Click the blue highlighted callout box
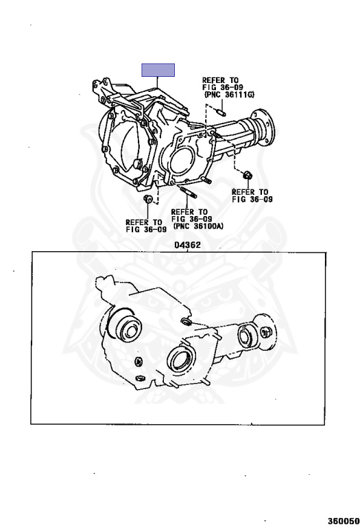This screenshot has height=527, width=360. tap(158, 70)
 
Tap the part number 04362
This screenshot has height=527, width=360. tap(187, 246)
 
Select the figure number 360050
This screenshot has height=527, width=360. tap(344, 521)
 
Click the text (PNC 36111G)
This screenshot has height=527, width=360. tap(230, 95)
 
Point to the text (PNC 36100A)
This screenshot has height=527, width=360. tap(198, 226)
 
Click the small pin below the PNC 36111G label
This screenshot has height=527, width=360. tap(219, 111)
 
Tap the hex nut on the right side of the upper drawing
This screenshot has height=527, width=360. tap(248, 175)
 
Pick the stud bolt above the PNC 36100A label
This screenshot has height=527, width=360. tap(189, 193)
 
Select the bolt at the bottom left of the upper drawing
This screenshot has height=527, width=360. tap(147, 199)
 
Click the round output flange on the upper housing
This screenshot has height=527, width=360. tap(265, 128)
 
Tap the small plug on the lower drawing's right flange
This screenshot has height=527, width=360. tap(267, 331)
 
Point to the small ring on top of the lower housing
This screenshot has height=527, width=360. tap(186, 323)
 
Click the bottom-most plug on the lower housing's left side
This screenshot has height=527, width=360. tap(141, 379)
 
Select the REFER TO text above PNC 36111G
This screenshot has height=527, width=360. tap(220, 80)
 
